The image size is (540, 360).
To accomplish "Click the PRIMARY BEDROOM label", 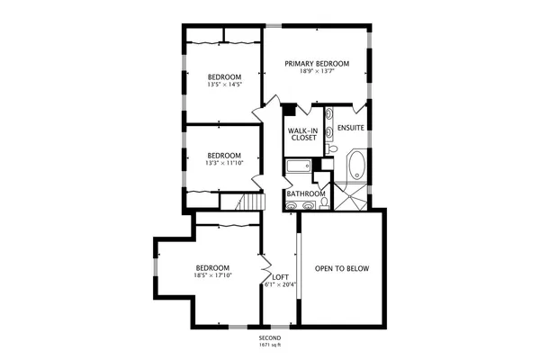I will click(317, 63).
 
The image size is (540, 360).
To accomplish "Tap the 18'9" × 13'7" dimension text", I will click(317, 72).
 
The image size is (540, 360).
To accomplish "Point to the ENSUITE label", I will click(351, 128).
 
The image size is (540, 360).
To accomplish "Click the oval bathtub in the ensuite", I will click(356, 166).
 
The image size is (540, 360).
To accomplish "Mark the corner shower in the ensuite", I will click(351, 195).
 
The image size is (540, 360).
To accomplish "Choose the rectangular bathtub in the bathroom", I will click(297, 166).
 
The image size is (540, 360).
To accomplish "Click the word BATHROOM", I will click(305, 193).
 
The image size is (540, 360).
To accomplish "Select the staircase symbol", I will click(243, 205).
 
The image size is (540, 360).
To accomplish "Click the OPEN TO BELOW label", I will click(341, 269).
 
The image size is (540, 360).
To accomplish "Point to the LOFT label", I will click(280, 277).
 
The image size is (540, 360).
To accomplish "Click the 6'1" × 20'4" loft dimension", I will click(280, 285).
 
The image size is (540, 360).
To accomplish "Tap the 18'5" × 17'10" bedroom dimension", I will click(213, 276).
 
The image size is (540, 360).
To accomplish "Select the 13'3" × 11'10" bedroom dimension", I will click(224, 163).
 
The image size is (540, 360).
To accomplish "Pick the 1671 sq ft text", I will click(270, 346).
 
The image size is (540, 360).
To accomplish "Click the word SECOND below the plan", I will click(270, 338).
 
